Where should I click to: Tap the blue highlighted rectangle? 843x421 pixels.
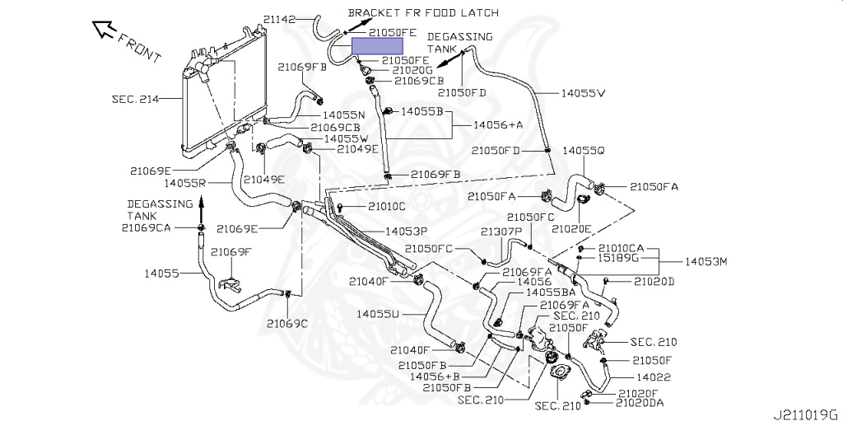(x=377, y=46)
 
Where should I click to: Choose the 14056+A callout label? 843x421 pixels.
(x=498, y=124)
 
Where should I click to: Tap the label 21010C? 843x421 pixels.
(x=386, y=206)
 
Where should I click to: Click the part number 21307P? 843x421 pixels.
(x=502, y=232)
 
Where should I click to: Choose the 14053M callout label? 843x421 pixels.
(x=706, y=261)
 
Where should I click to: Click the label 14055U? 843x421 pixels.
(x=379, y=313)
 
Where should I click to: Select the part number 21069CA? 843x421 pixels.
(x=146, y=227)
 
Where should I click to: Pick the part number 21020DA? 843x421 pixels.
(x=640, y=403)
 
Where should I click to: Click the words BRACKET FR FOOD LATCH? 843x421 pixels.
(x=423, y=13)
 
